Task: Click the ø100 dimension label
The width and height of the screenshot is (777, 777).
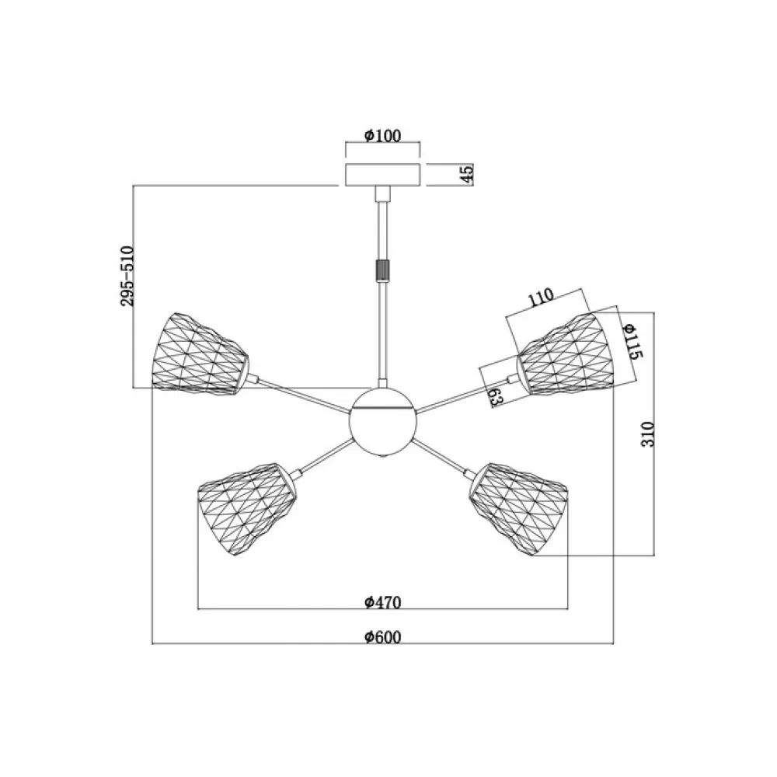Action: tap(382, 136)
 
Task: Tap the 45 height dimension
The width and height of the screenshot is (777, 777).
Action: tap(468, 173)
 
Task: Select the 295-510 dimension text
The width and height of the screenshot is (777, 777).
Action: tap(127, 276)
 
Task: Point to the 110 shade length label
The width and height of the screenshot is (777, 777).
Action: tap(541, 298)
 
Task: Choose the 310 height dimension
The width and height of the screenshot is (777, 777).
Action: tap(648, 434)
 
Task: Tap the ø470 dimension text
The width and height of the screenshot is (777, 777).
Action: tap(382, 602)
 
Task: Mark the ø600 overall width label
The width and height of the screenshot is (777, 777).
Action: tap(382, 637)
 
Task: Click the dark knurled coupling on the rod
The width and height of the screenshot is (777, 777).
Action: tap(382, 270)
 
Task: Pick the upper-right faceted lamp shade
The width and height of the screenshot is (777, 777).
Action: tap(566, 354)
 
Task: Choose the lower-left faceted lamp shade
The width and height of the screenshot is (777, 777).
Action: tap(247, 509)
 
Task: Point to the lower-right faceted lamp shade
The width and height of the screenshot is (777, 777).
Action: tap(518, 509)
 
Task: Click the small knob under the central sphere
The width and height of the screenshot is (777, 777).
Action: tap(382, 458)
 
